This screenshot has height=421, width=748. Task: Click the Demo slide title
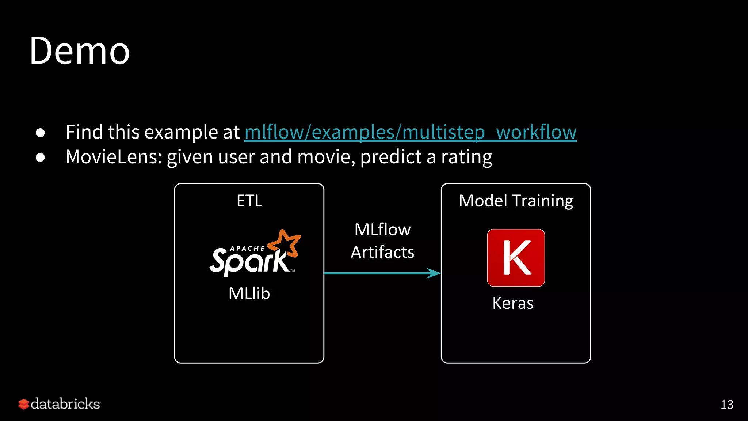pos(80,51)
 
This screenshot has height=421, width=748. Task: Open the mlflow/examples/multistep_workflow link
pos(410,132)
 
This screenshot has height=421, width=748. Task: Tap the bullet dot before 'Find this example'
pos(41,133)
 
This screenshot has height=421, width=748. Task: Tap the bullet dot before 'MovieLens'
pos(41,158)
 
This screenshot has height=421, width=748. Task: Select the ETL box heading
pos(249,201)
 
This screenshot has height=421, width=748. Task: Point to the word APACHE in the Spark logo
pos(247,249)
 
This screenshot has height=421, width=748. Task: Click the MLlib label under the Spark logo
pos(249,293)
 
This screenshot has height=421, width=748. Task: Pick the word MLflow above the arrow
pos(382,230)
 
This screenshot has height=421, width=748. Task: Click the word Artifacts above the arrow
pos(382,252)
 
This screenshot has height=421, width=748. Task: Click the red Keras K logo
pos(516,258)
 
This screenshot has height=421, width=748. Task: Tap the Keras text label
pos(513,303)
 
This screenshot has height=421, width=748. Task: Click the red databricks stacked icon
pos(24,404)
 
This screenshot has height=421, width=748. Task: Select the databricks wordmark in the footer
pos(65,404)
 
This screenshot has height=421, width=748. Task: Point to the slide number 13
pos(727,405)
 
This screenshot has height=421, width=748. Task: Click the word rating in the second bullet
pos(466,158)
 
